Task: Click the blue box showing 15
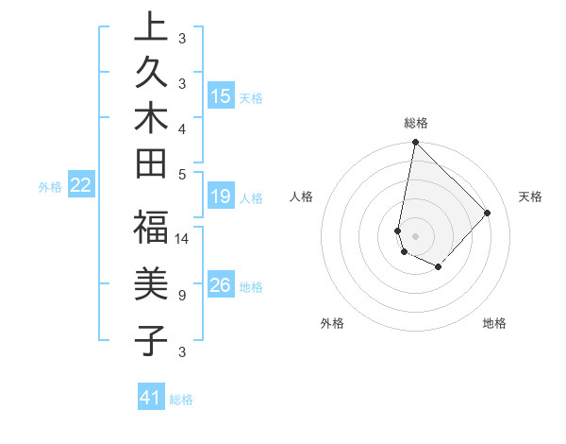[221, 95]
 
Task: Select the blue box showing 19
[221, 196]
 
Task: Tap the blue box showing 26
[221, 285]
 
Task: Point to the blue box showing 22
[81, 185]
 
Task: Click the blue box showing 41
[151, 398]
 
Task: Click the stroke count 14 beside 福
[182, 238]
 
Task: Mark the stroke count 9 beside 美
[182, 295]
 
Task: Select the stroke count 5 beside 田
[182, 173]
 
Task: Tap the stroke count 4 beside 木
[182, 128]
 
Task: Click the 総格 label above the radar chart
[415, 123]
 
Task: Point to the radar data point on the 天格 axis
[487, 213]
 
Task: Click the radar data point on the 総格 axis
[415, 143]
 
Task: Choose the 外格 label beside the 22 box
[50, 187]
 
